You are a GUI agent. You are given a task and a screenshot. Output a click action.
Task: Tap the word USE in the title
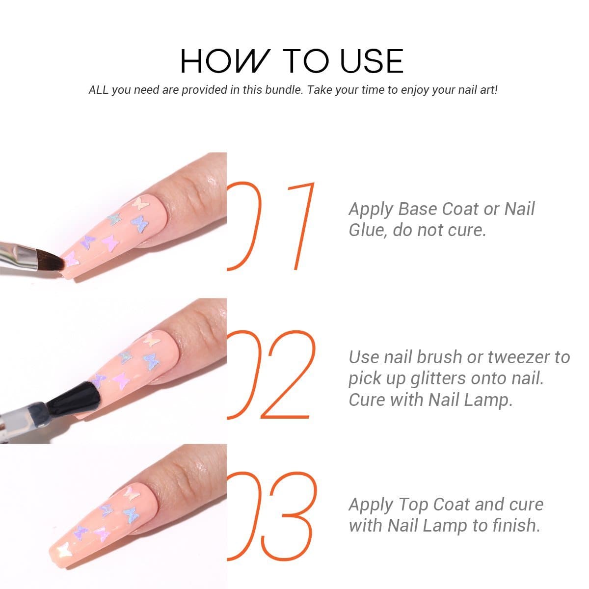click(372, 61)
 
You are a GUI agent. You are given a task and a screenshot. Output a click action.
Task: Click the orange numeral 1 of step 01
click(301, 226)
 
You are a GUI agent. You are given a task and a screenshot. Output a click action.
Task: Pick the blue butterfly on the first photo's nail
click(140, 224)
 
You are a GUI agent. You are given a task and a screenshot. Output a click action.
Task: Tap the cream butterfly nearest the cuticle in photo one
click(140, 203)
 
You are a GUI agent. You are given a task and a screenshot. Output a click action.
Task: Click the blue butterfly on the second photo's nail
click(151, 361)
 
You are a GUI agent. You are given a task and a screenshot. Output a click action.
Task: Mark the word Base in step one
click(418, 209)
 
